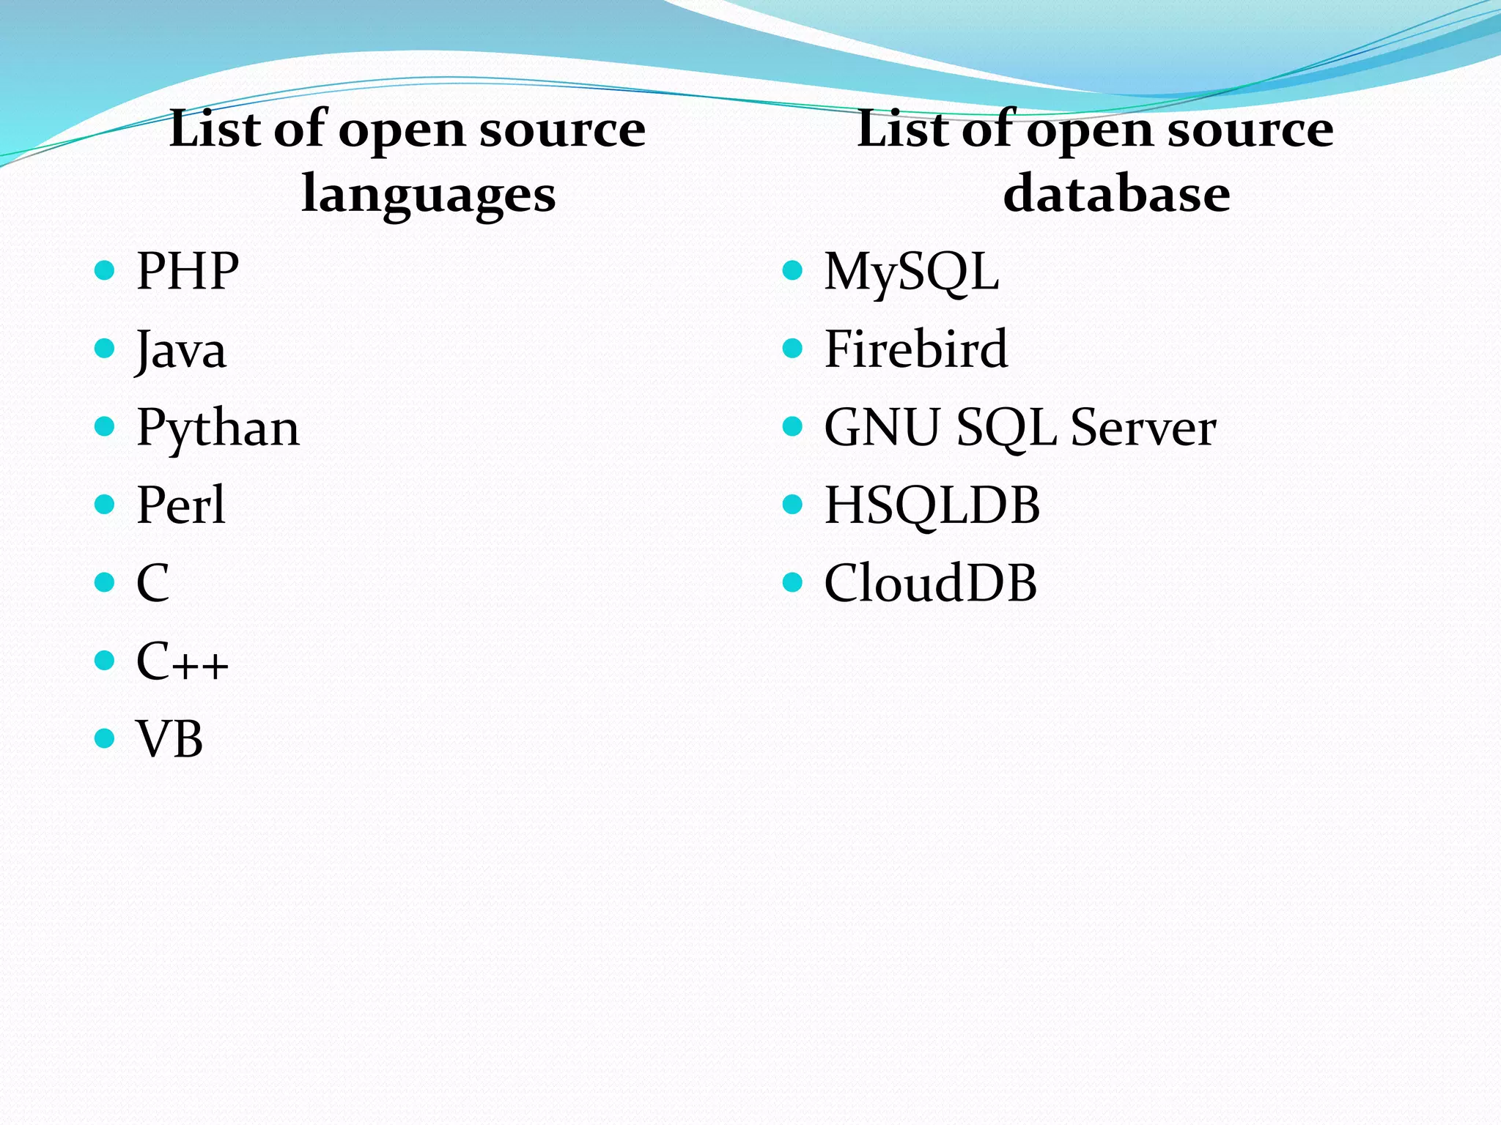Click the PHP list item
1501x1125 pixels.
[x=188, y=272]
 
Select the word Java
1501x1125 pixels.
[x=181, y=350]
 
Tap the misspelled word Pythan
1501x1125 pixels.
[x=218, y=428]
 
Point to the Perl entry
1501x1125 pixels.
[x=181, y=505]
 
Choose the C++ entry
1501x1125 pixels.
[x=182, y=661]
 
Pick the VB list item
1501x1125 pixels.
[x=169, y=739]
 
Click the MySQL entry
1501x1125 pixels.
[x=912, y=272]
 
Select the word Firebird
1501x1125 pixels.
[x=916, y=349]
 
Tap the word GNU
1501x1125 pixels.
[x=882, y=428]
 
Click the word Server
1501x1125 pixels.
[x=1143, y=428]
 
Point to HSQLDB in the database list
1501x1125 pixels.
[x=932, y=505]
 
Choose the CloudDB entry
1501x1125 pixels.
[x=931, y=584]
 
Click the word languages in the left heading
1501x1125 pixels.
[x=429, y=195]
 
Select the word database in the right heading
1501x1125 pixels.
[x=1116, y=193]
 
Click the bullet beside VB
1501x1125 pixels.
[x=106, y=738]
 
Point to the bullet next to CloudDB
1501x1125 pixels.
[x=793, y=582]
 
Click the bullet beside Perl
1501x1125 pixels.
[x=106, y=504]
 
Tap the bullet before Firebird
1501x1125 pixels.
[x=793, y=348]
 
